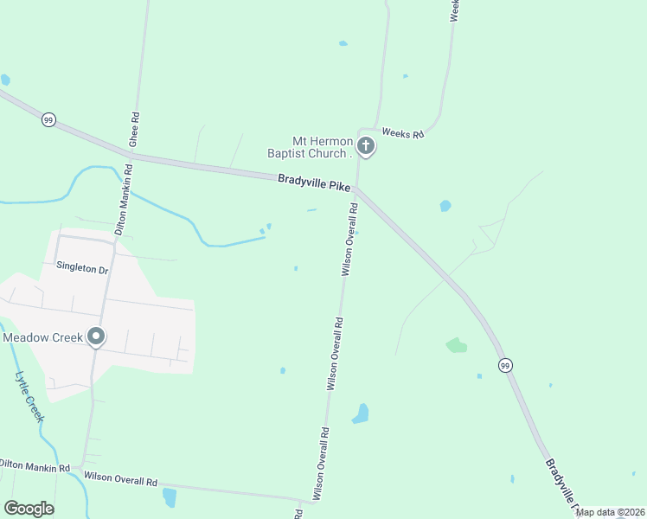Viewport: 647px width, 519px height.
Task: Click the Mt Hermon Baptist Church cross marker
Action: click(366, 147)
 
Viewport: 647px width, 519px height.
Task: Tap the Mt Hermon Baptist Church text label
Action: click(322, 147)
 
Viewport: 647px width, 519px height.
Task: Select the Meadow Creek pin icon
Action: click(96, 336)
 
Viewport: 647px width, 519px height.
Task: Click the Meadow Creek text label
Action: click(42, 337)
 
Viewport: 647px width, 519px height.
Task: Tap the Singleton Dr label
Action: click(82, 269)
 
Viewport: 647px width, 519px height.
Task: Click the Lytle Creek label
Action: click(29, 397)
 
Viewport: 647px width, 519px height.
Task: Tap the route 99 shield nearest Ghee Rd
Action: click(48, 120)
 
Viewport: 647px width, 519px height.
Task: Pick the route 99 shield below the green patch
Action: click(505, 366)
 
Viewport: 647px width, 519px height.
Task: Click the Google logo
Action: click(29, 508)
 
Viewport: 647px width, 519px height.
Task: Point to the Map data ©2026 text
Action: click(610, 512)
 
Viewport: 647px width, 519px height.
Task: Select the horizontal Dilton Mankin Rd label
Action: click(35, 465)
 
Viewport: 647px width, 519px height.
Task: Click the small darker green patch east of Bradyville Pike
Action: click(456, 345)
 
